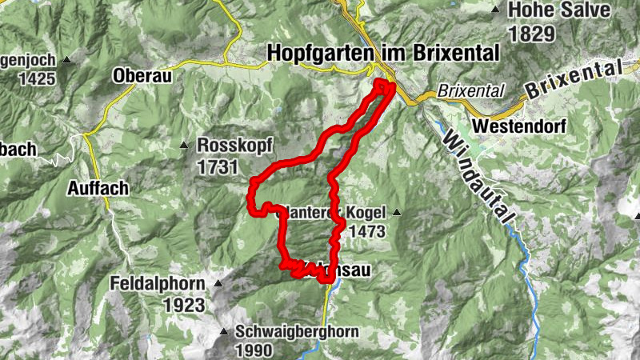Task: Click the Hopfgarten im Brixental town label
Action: coord(385,52)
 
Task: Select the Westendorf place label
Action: coord(519,126)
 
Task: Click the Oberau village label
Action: coord(145,76)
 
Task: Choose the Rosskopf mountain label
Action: coord(234,146)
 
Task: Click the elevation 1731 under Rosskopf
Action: coord(218,166)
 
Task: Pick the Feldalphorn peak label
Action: coord(160,284)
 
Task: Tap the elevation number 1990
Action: coord(254,350)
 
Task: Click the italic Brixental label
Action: coord(471,92)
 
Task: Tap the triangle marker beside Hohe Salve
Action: coord(496,10)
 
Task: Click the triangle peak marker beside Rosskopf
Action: coord(183,146)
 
